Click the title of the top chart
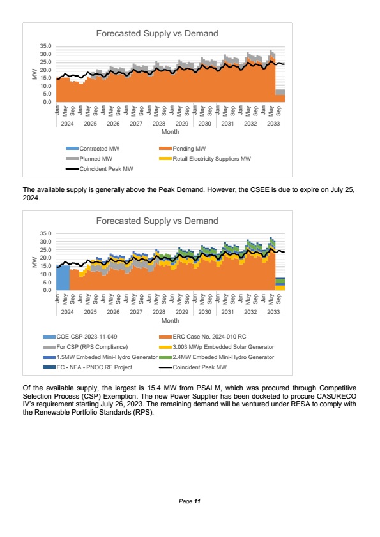tap(157, 33)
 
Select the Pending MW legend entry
tap(183, 149)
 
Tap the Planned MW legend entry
tap(89, 159)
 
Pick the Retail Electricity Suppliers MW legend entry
tap(205, 159)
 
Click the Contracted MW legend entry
tap(93, 149)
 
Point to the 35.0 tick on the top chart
tap(45, 46)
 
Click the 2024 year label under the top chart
tap(67, 123)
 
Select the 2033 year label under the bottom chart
tap(273, 312)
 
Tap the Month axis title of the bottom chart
tap(171, 321)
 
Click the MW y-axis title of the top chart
tap(34, 74)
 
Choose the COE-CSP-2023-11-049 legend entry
tap(80, 337)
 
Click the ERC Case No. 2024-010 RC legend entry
tap(202, 337)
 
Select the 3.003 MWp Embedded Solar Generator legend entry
tap(217, 347)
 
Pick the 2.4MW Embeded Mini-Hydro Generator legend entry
tap(217, 357)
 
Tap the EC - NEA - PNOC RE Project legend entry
tap(87, 367)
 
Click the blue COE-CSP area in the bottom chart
tap(63, 278)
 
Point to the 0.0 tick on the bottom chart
tap(47, 290)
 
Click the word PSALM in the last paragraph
tap(208, 388)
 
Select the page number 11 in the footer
tap(197, 501)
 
